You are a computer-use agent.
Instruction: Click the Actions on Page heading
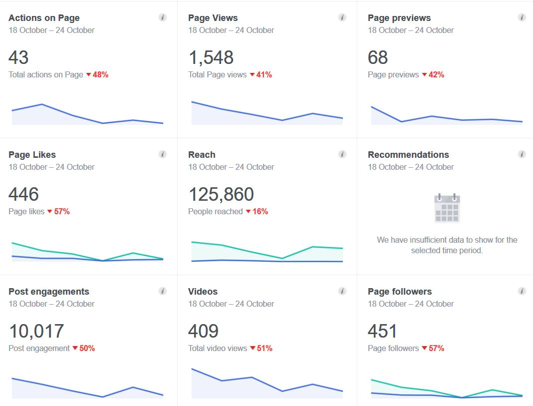(44, 18)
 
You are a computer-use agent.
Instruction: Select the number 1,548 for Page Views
(211, 57)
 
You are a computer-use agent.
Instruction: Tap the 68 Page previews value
(378, 57)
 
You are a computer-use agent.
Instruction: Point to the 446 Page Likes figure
(23, 194)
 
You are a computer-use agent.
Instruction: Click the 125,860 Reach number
(221, 194)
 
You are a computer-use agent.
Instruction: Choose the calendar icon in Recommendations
(447, 208)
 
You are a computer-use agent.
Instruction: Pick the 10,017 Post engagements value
(36, 331)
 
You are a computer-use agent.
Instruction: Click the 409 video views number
(203, 331)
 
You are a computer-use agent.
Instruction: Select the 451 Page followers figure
(382, 331)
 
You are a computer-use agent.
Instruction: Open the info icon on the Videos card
(342, 291)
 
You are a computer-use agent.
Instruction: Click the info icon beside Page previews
(522, 17)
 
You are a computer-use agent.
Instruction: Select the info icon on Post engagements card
(163, 291)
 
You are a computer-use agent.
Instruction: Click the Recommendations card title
(408, 155)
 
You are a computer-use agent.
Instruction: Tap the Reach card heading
(202, 155)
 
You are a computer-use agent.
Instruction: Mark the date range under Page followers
(411, 304)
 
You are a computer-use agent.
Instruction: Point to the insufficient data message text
(447, 245)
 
